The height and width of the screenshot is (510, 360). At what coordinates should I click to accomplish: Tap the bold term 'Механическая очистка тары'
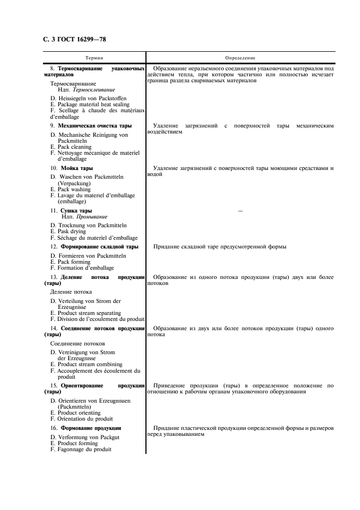click(x=96, y=126)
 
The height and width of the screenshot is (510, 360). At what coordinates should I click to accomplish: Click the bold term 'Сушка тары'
click(x=76, y=210)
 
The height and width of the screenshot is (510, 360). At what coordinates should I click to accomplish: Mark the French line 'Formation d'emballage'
click(x=82, y=268)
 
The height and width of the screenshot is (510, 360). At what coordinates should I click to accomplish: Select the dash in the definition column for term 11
click(x=240, y=210)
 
